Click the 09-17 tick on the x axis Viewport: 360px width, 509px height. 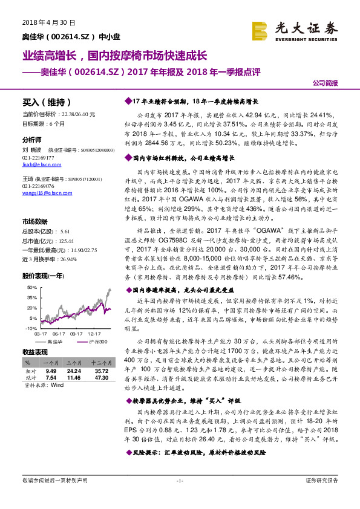(x=76, y=333)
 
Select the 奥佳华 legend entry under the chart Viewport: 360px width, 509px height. (x=55, y=342)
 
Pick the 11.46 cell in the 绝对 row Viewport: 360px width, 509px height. (x=74, y=378)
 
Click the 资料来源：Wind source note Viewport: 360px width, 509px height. (x=43, y=384)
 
